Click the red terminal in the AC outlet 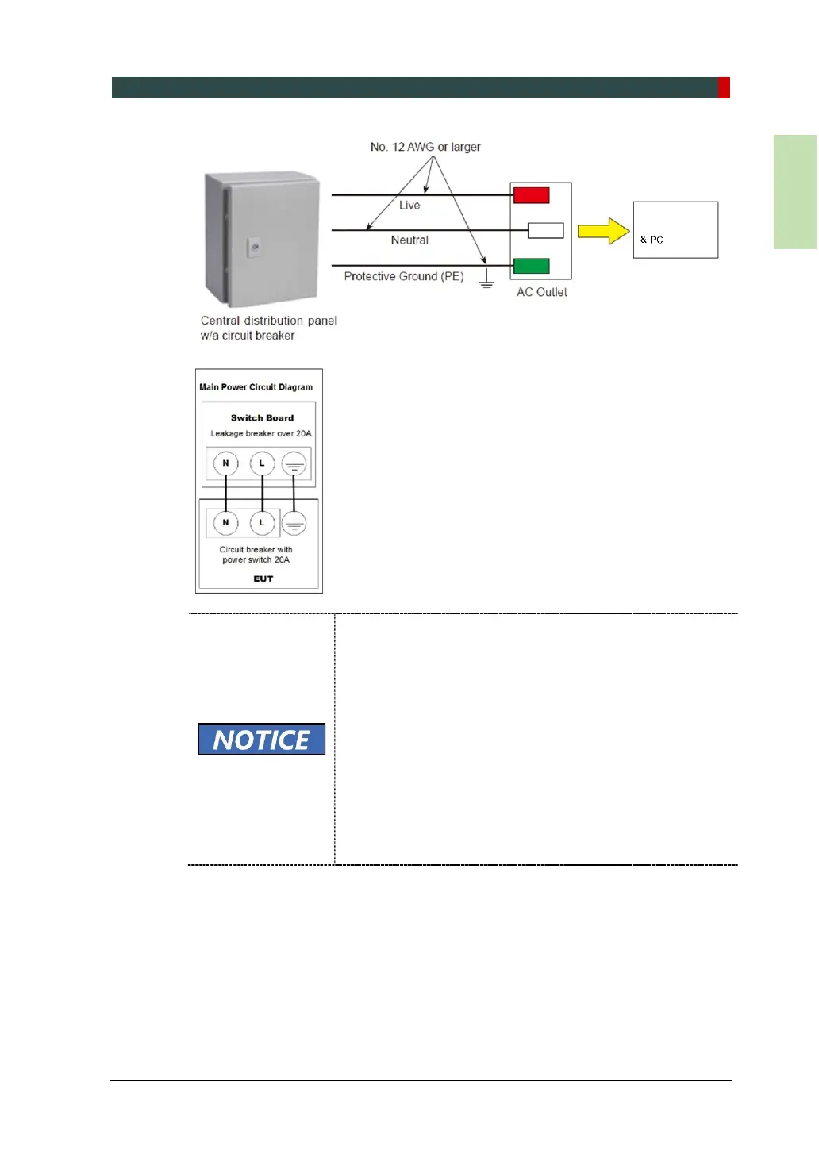tap(531, 195)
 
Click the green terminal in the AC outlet tap(531, 266)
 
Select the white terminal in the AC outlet tap(546, 230)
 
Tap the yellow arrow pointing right tap(602, 231)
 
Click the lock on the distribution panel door tap(254, 248)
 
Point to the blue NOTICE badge tap(261, 740)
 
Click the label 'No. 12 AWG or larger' tap(425, 147)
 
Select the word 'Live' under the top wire tap(409, 206)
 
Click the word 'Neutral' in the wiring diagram tap(409, 240)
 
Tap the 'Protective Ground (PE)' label tap(404, 276)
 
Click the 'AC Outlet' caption tap(542, 292)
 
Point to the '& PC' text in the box tap(652, 240)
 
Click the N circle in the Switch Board tap(226, 463)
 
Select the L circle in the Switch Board tap(262, 463)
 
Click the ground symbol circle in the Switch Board tap(294, 463)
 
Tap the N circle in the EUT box tap(226, 523)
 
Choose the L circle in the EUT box tap(262, 523)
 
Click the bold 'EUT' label tap(263, 579)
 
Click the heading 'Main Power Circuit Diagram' tap(256, 387)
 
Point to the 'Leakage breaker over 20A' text tap(261, 434)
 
